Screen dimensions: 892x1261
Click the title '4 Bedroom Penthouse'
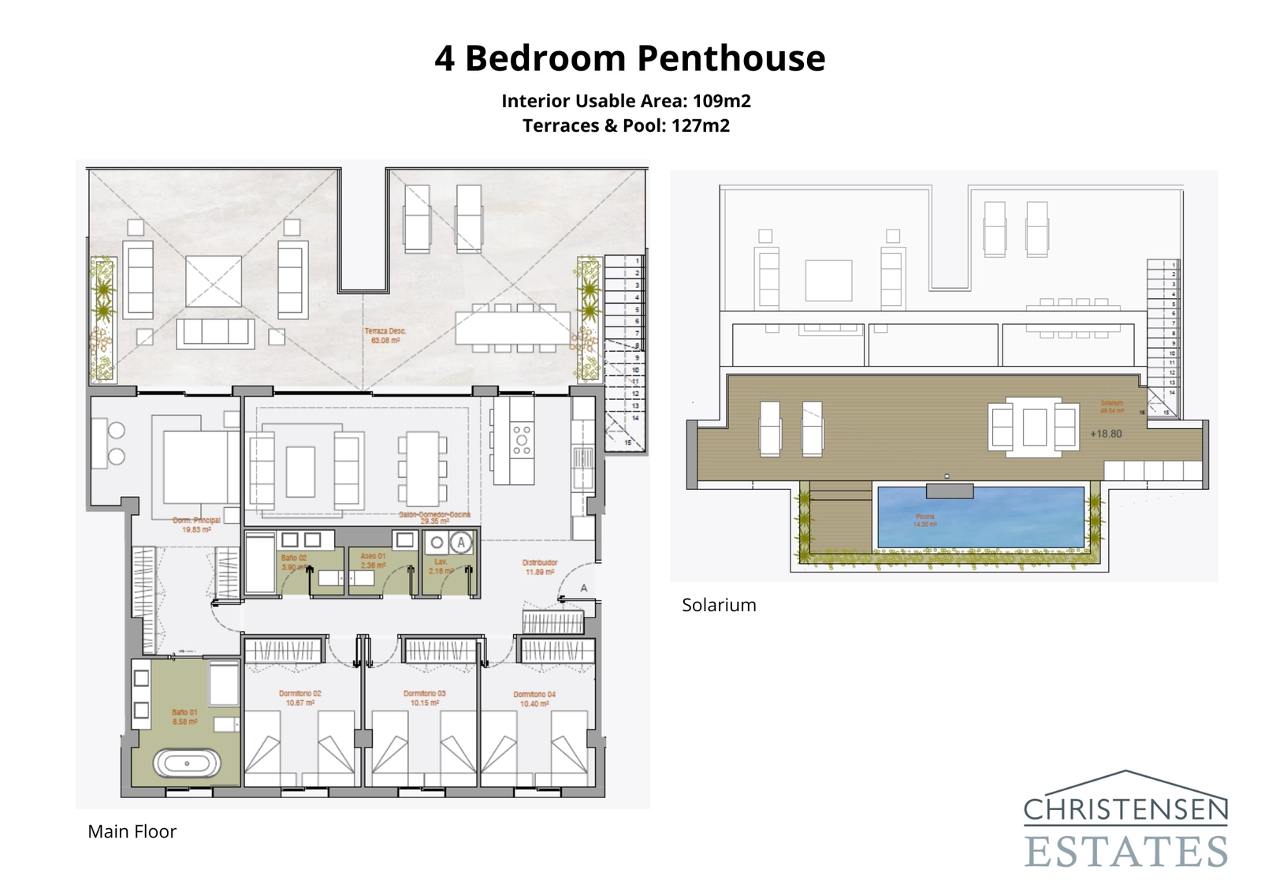pos(630,58)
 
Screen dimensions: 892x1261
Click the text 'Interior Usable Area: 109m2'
pos(626,101)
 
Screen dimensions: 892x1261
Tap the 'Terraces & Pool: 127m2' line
pos(626,125)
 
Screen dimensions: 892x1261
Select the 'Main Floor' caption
pos(132,831)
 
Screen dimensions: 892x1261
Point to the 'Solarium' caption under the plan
pos(718,605)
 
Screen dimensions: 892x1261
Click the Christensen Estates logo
pos(1125,820)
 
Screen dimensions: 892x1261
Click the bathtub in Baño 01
pos(187,763)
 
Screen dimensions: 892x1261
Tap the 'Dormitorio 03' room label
pos(424,698)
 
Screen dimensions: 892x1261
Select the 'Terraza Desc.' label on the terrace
pos(384,336)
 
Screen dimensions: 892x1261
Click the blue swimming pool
pos(980,517)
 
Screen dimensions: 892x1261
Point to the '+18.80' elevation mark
pos(1106,434)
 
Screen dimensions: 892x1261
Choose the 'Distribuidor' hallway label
pos(540,567)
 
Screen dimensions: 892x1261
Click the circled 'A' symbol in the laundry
pos(461,543)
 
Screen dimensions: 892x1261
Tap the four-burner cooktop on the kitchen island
pos(522,440)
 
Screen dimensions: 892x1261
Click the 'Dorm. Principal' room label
pos(196,524)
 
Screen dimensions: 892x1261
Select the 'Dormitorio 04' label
pos(534,699)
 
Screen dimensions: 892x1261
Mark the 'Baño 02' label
pos(293,562)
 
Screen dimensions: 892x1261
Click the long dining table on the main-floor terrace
pos(512,327)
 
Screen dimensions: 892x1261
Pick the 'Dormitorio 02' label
pos(299,698)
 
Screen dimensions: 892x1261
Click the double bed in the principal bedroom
pos(195,465)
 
